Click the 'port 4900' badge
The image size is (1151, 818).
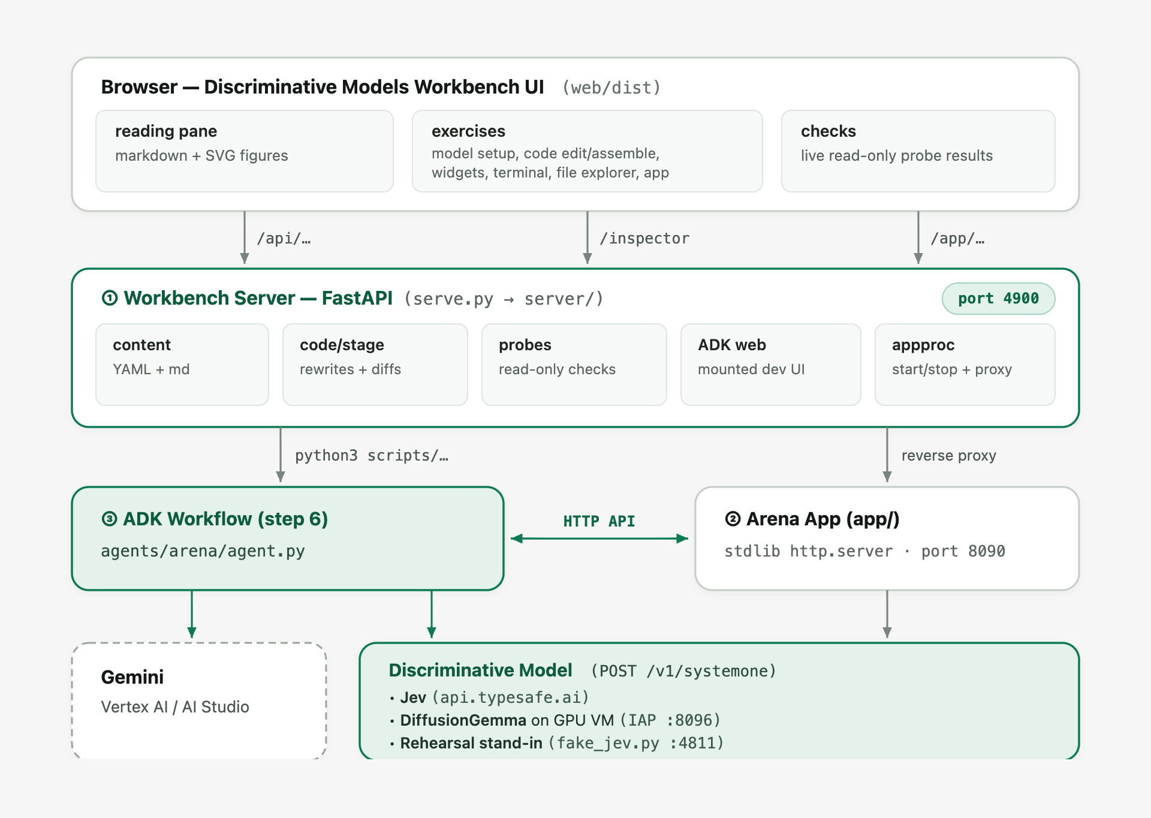point(998,299)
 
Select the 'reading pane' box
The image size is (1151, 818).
point(245,151)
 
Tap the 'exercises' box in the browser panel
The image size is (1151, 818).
point(587,151)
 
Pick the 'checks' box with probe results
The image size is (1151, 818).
point(918,151)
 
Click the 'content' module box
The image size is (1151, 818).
point(182,365)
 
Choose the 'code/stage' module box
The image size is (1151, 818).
point(375,365)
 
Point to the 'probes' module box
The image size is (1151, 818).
point(574,365)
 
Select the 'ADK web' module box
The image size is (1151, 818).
point(771,365)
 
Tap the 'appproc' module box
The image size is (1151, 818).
point(965,365)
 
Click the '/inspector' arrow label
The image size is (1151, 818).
point(644,239)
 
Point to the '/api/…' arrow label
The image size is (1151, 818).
point(284,239)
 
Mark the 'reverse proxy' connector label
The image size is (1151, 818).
point(949,456)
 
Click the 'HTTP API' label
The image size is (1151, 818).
point(599,521)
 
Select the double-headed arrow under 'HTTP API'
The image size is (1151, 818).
point(599,539)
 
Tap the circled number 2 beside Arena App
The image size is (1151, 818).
point(733,519)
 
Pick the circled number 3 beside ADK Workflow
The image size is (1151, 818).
point(109,519)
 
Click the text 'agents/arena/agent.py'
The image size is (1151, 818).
point(203,551)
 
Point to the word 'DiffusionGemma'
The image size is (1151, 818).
point(463,720)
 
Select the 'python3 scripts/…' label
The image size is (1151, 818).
point(372,456)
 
